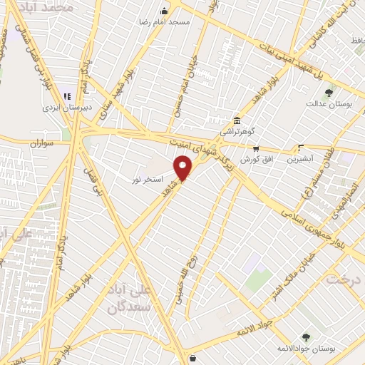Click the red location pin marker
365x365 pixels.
click(x=184, y=169)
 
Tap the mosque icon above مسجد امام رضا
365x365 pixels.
click(x=165, y=11)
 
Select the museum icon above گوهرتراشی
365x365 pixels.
click(x=237, y=120)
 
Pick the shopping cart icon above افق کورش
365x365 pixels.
click(x=256, y=148)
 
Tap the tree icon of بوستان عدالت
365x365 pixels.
click(x=329, y=93)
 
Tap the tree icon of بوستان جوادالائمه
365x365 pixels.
click(x=306, y=336)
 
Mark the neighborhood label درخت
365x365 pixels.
click(x=346, y=279)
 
